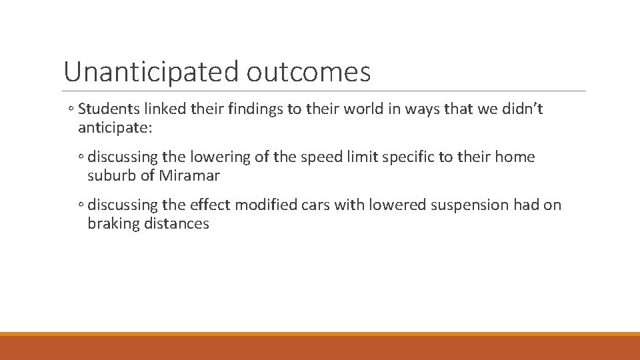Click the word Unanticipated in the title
click(151, 72)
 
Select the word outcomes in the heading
click(308, 72)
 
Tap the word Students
click(109, 109)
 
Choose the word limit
click(360, 157)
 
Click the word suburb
click(112, 176)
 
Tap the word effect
click(212, 205)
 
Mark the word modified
click(269, 205)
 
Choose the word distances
click(175, 224)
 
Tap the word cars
click(315, 205)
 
